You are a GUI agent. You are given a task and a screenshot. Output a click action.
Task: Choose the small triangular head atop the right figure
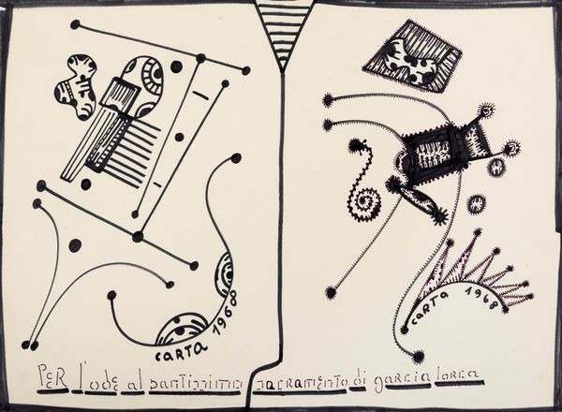click(x=486, y=114)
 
